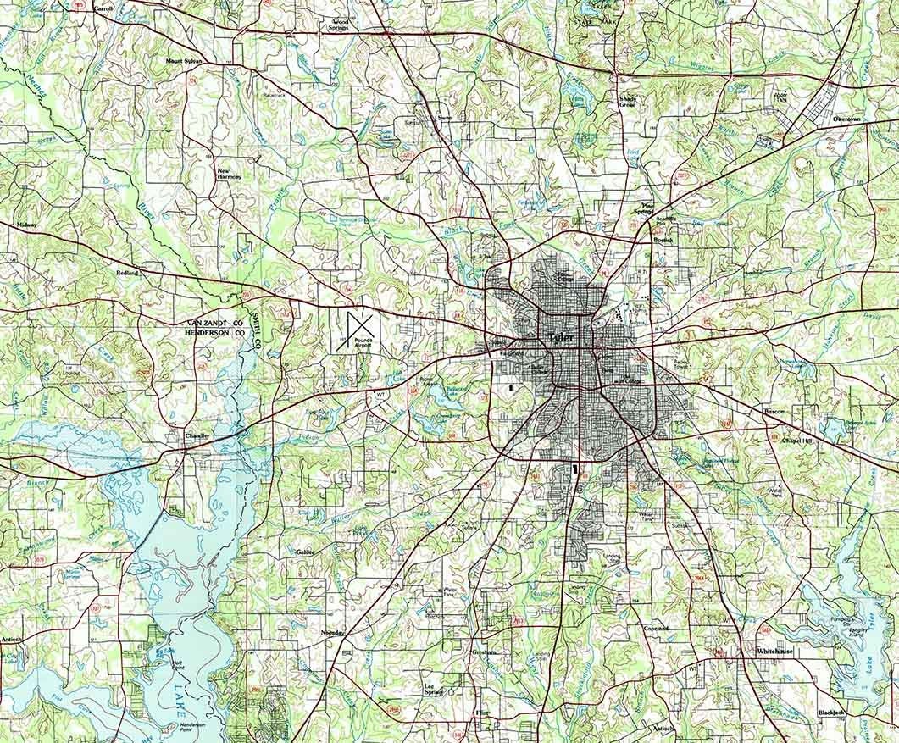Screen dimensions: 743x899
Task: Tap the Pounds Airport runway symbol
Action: [359, 329]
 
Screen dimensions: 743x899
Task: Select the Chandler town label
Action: [197, 435]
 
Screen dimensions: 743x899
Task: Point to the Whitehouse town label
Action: [774, 652]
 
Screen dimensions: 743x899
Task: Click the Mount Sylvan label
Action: [186, 62]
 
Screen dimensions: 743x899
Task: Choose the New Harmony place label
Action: [230, 172]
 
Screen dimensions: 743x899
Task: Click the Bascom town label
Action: [774, 411]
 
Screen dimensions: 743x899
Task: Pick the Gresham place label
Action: [484, 652]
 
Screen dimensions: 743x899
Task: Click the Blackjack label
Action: [830, 713]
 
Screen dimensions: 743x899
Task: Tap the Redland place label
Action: [127, 274]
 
